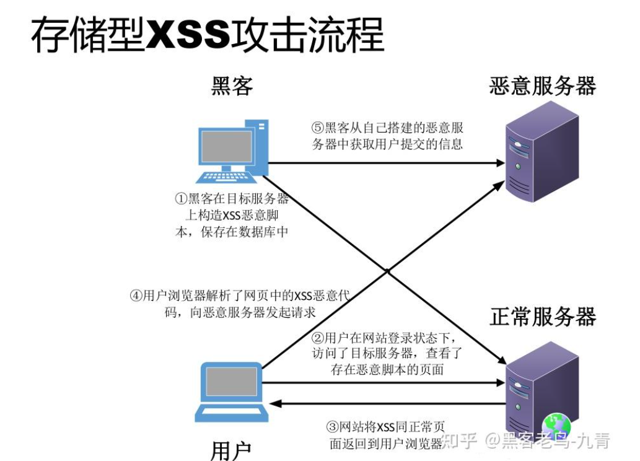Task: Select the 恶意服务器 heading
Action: coord(542,86)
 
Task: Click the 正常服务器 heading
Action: coord(542,317)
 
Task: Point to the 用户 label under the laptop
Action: coord(231,450)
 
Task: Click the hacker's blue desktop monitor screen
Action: coord(224,146)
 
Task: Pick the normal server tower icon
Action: coord(540,387)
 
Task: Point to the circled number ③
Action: coord(333,427)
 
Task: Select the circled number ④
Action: coord(136,296)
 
